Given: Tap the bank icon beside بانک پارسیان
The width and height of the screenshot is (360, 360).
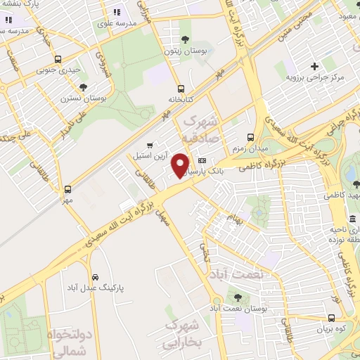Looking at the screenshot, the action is point(202,160).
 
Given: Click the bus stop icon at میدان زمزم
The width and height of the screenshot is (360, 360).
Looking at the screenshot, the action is point(251,138).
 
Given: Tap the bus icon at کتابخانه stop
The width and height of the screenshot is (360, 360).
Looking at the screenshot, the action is point(181,89).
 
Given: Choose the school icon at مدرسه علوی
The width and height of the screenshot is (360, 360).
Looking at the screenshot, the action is point(117,11).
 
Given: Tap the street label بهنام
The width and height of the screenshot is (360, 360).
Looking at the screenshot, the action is point(231,219).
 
